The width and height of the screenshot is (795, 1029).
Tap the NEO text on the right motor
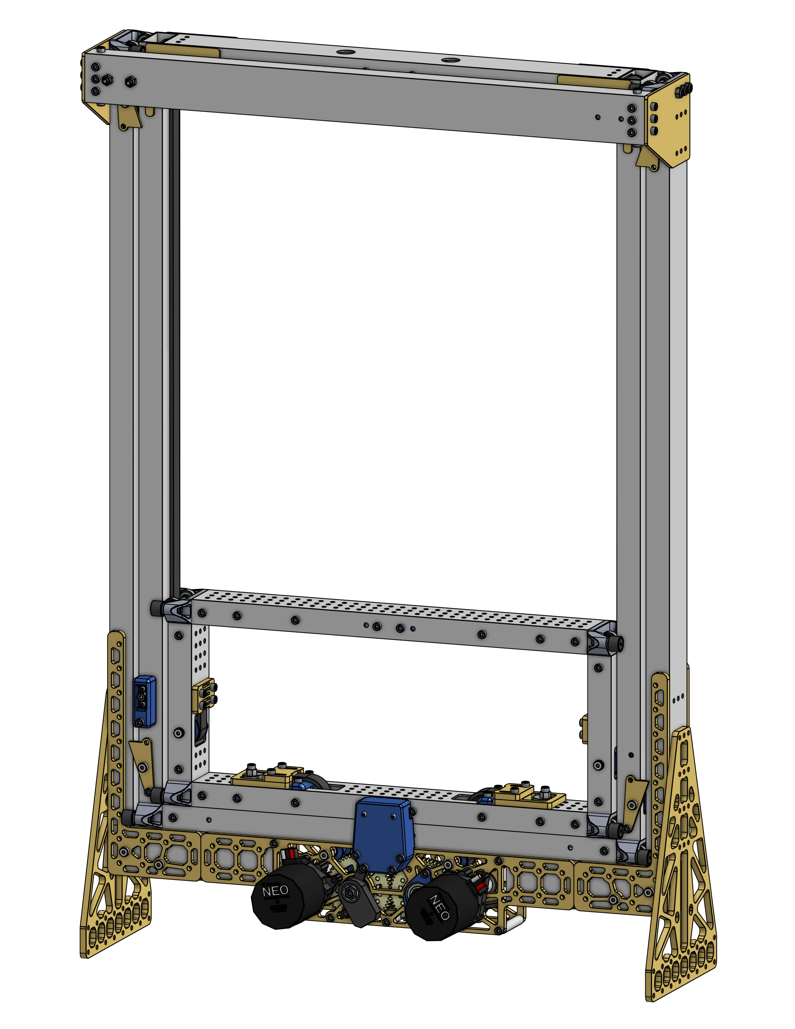click(439, 907)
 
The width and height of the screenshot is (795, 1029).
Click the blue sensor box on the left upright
click(144, 702)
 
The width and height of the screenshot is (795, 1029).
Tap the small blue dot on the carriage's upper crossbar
click(413, 628)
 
